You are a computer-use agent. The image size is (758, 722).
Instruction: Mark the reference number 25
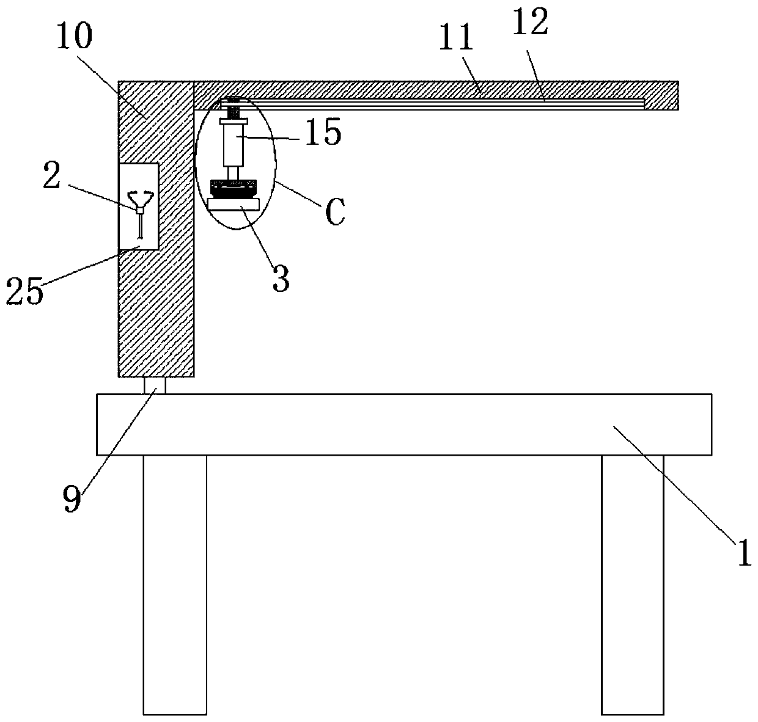(24, 291)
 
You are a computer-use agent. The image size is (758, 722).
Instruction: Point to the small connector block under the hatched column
(155, 386)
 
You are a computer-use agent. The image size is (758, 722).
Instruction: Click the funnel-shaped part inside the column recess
(140, 199)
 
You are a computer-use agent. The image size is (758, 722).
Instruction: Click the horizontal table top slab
(403, 425)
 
